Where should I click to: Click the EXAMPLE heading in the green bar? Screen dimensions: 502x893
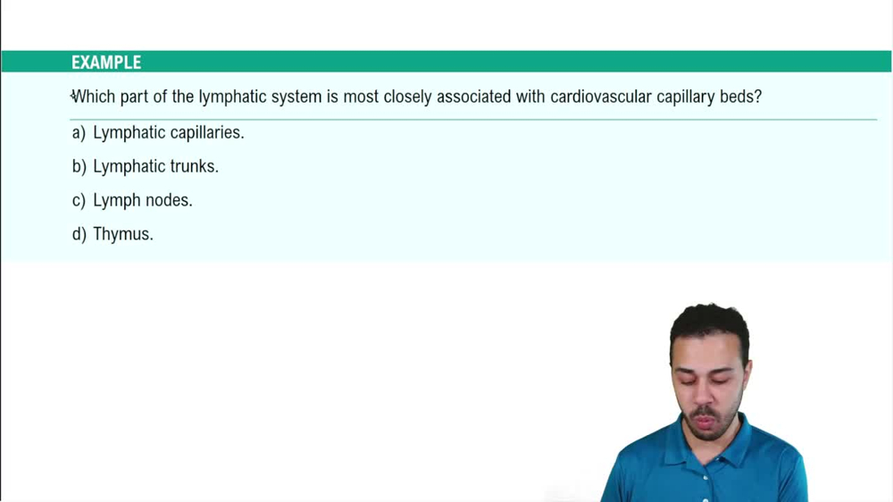pyautogui.click(x=106, y=63)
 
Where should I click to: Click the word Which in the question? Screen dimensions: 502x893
pyautogui.click(x=93, y=96)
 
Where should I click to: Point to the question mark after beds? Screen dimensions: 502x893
pyautogui.click(x=758, y=96)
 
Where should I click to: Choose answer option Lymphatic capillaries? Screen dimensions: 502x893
pyautogui.click(x=168, y=132)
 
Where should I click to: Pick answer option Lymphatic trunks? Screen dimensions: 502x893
pyautogui.click(x=155, y=166)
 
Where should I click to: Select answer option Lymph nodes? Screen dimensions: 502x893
pyautogui.click(x=143, y=200)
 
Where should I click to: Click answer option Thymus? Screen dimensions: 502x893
pyautogui.click(x=123, y=234)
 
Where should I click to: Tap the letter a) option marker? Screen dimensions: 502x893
pyautogui.click(x=79, y=132)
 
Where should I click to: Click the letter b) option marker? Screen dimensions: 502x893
pyautogui.click(x=79, y=166)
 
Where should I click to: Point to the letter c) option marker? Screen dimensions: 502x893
pyautogui.click(x=79, y=200)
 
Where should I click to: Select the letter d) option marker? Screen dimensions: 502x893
pyautogui.click(x=79, y=234)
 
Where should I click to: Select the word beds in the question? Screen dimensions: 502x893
pyautogui.click(x=738, y=96)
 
